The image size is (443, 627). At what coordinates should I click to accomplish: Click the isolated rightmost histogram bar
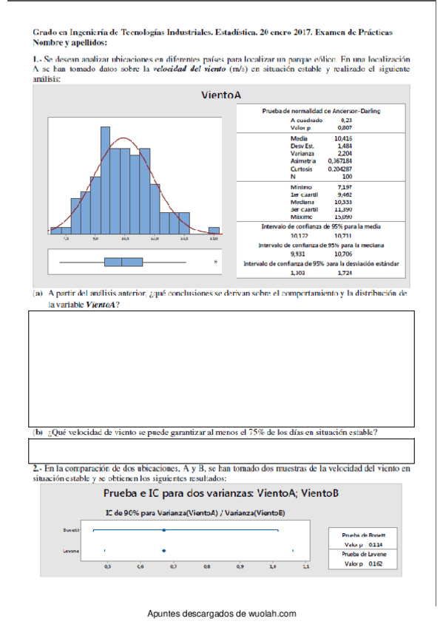pyautogui.click(x=213, y=229)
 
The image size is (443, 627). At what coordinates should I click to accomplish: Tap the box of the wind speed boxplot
pyautogui.click(x=123, y=261)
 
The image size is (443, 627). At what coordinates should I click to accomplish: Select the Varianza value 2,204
pyautogui.click(x=344, y=153)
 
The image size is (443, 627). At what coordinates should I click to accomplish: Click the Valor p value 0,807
pyautogui.click(x=344, y=127)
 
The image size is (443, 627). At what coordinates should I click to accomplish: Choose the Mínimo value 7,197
pyautogui.click(x=343, y=188)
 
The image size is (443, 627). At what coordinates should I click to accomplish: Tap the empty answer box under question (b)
pyautogui.click(x=221, y=450)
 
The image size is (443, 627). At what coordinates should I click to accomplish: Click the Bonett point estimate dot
pyautogui.click(x=163, y=530)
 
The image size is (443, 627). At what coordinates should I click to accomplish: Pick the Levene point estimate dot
pyautogui.click(x=163, y=550)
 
